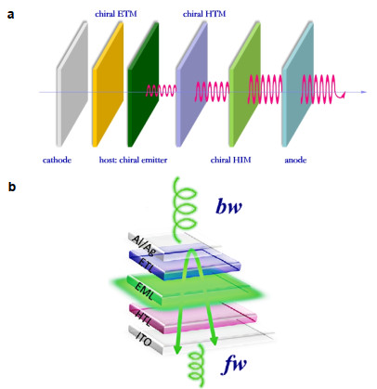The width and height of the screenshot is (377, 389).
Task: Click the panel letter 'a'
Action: (x=10, y=14)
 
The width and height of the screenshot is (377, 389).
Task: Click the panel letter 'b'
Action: (x=11, y=187)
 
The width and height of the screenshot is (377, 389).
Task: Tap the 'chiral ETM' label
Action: (x=116, y=14)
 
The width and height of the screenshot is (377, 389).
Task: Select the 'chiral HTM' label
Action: (x=204, y=14)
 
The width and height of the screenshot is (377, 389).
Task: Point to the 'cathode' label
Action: (x=57, y=160)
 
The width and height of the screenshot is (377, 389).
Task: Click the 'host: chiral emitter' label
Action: (x=133, y=160)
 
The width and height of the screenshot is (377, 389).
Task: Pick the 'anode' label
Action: (x=295, y=160)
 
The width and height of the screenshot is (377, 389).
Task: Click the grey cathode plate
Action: (x=71, y=84)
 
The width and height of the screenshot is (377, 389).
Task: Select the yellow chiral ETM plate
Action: (x=108, y=84)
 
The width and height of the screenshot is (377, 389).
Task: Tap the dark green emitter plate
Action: (x=143, y=84)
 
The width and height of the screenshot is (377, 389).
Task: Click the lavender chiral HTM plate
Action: (x=191, y=84)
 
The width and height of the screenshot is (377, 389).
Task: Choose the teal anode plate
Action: (x=298, y=84)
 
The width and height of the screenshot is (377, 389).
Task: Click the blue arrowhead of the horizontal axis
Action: (x=364, y=92)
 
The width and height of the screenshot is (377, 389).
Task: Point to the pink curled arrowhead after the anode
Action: (x=342, y=96)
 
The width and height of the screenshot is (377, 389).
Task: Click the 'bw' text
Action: (x=228, y=207)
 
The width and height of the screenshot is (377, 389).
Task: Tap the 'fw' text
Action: (x=235, y=365)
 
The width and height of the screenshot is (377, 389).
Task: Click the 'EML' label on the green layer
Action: (x=144, y=291)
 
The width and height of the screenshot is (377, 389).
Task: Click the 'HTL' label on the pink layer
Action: (x=143, y=318)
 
